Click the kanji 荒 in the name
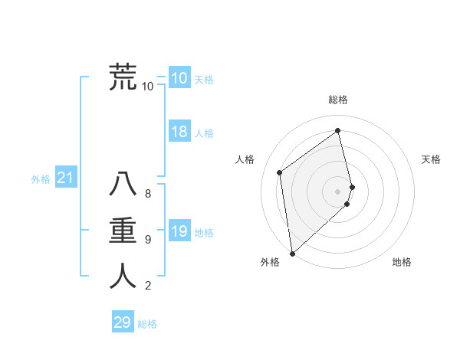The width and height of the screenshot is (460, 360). point(123,77)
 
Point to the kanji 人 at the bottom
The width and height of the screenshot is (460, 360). point(123,276)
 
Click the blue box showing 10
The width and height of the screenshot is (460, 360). point(179,78)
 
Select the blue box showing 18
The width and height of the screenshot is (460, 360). point(179,132)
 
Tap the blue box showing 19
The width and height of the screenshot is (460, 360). point(179,231)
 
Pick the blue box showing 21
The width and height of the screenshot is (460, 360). point(66,178)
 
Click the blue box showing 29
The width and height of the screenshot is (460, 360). point(123,322)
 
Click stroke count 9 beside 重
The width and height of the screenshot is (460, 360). point(148,240)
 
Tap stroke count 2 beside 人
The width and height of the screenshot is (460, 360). point(148,286)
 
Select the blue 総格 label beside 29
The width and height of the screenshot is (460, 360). point(147,324)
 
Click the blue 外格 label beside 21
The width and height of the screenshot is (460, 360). point(41,179)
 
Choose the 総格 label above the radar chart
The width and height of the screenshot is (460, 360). point(338,100)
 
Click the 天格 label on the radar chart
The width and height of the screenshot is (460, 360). point(431,159)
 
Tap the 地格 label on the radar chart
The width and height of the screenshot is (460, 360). point(402,262)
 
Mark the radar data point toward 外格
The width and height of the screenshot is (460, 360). point(292,253)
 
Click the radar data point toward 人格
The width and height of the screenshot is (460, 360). point(280,172)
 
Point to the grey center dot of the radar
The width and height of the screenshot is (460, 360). point(338,191)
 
